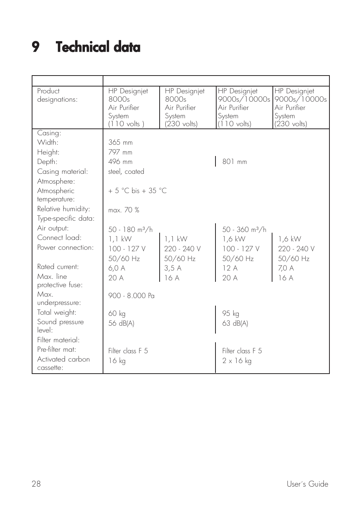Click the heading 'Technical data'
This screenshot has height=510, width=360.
(x=98, y=47)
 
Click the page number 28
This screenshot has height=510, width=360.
(x=36, y=484)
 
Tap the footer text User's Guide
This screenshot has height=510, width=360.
(x=307, y=484)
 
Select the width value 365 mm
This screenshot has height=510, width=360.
(x=120, y=142)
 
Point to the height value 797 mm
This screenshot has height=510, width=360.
(x=120, y=152)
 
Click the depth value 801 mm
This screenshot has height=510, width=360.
(x=234, y=162)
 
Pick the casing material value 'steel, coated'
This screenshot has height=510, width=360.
(x=126, y=172)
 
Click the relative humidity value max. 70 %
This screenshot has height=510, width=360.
(x=123, y=210)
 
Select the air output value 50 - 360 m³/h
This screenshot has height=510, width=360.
(x=244, y=229)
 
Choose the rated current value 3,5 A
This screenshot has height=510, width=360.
(x=172, y=268)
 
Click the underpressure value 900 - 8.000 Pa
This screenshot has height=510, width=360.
(x=131, y=296)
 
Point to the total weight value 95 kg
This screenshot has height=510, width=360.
(x=231, y=314)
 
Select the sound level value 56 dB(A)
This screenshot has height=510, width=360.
(x=121, y=323)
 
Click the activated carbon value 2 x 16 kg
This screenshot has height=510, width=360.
(x=237, y=361)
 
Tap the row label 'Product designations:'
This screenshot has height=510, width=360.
(x=57, y=95)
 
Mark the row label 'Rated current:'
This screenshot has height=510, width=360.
(x=58, y=267)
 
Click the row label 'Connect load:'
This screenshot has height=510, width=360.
(x=59, y=238)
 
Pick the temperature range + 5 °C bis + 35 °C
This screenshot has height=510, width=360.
(x=137, y=191)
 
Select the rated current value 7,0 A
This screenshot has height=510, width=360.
(x=286, y=268)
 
